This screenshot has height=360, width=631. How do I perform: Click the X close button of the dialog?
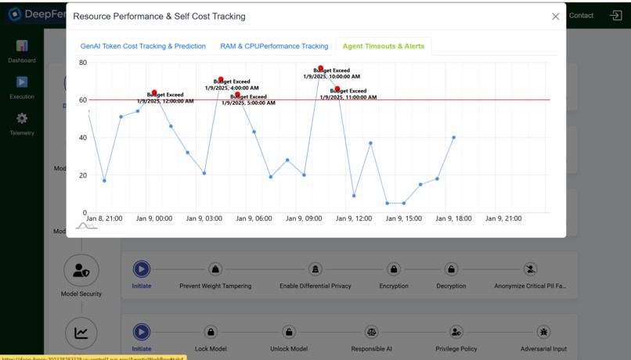[x=556, y=16]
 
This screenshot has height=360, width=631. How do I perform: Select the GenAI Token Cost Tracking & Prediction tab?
[x=143, y=46]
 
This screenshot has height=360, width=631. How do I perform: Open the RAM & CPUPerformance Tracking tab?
[x=274, y=46]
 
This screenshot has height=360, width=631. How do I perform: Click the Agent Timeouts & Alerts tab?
[x=384, y=46]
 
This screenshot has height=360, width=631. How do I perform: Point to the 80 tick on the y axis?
[x=83, y=63]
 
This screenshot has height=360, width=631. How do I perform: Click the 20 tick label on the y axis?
[x=83, y=175]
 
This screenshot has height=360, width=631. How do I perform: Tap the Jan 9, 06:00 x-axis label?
[x=254, y=219]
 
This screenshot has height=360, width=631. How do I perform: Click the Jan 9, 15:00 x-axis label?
[x=404, y=219]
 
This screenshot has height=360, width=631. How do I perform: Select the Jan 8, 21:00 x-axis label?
[x=104, y=219]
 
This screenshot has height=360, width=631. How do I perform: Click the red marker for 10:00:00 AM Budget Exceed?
[x=320, y=68]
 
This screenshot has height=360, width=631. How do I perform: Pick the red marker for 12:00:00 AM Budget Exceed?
[x=154, y=92]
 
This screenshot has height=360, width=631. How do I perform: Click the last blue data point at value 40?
[x=454, y=138]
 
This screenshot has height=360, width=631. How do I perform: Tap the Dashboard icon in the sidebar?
[x=22, y=46]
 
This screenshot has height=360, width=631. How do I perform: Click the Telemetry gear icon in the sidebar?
[x=22, y=118]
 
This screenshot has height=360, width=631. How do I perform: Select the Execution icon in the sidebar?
[x=22, y=82]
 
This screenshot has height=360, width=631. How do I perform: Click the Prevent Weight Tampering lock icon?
[x=215, y=269]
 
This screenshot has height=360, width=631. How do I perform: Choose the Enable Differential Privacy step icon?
[x=315, y=269]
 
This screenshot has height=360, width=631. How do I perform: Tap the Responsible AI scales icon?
[x=372, y=332]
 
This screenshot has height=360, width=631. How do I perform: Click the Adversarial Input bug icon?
[x=543, y=332]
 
